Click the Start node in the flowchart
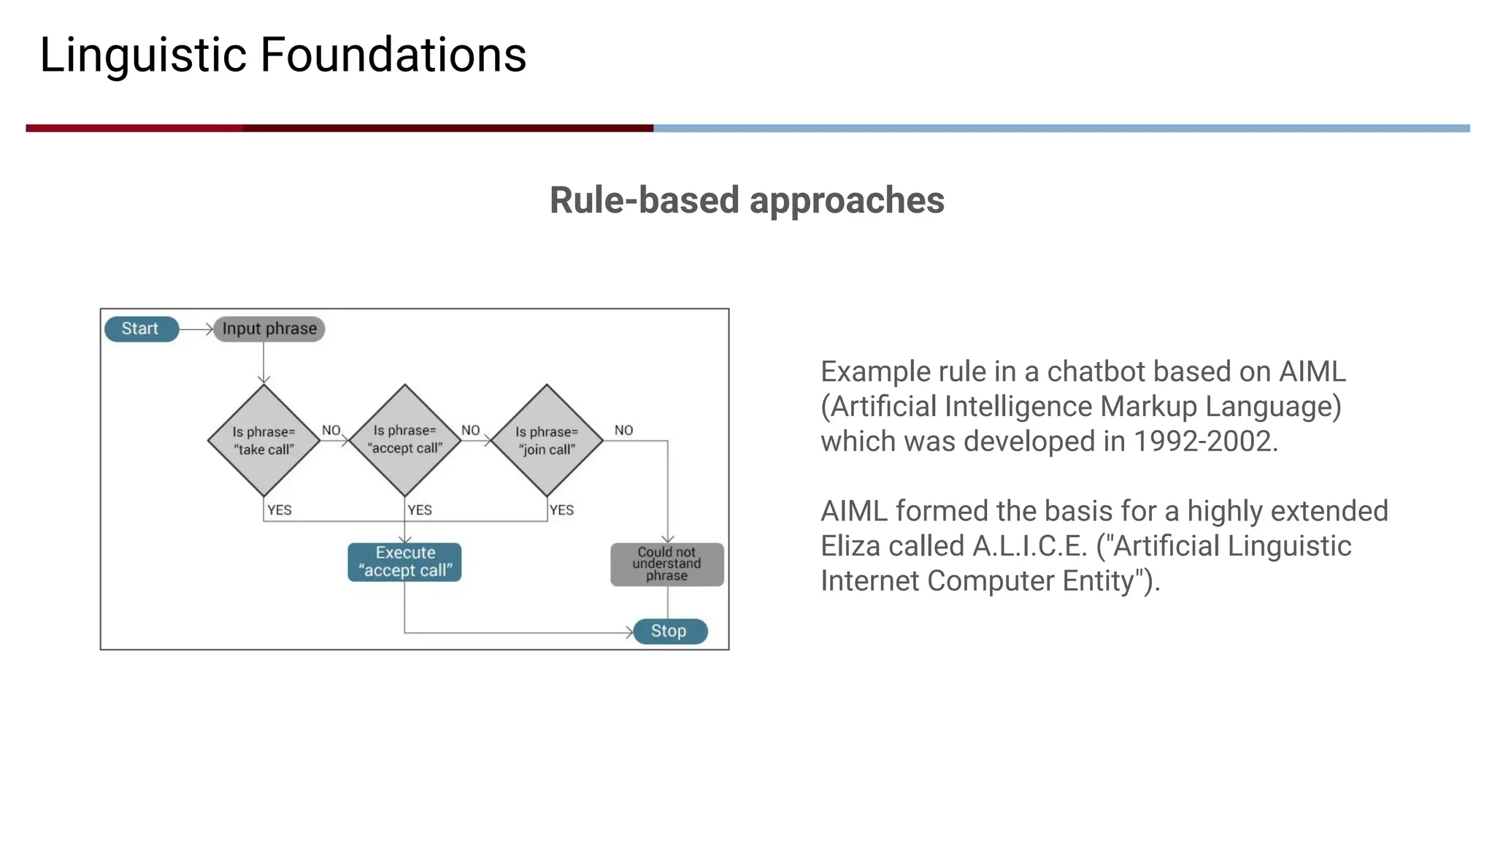(141, 329)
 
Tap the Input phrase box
(269, 329)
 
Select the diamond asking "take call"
(264, 441)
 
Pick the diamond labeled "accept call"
(405, 440)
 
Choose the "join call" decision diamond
(547, 441)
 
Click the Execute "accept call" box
(405, 562)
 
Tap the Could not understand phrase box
(666, 564)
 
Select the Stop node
(669, 631)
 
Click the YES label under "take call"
(280, 510)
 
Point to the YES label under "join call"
(562, 510)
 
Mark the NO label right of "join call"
(623, 431)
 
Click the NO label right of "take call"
(331, 431)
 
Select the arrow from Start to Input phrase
(196, 329)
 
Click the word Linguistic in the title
(143, 55)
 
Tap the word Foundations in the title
(393, 55)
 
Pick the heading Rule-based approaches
(747, 200)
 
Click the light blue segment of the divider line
(1058, 128)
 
